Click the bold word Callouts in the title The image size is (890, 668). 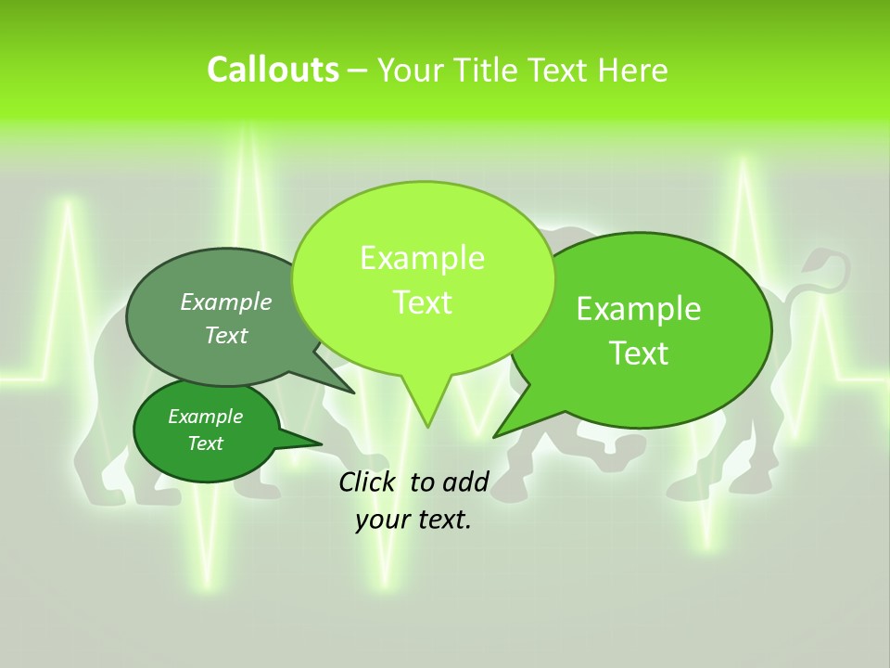point(273,70)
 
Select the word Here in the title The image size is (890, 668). point(631,70)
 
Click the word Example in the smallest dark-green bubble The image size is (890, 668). point(205,417)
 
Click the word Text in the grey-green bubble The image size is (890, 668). point(226,335)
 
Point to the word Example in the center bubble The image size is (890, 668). point(422,258)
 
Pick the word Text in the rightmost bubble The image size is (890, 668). point(640,353)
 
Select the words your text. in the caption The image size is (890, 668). point(413,520)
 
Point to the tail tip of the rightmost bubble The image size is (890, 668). point(495,435)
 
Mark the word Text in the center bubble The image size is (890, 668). point(422,302)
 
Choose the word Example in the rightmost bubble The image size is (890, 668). point(639,308)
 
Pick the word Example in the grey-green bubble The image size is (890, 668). point(226,302)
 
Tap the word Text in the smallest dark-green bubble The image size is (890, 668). point(205,443)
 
